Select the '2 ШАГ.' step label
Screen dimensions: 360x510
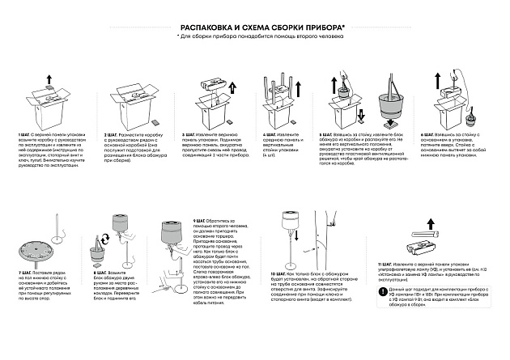(x=113, y=133)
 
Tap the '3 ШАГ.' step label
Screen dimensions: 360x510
(x=193, y=133)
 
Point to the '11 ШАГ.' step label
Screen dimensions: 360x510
(x=385, y=263)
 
